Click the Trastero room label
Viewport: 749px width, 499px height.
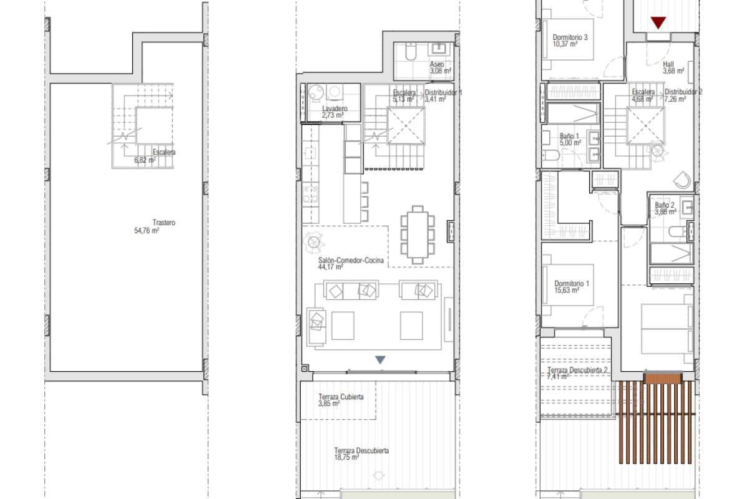tap(164, 223)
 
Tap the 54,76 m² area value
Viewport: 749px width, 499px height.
tap(147, 230)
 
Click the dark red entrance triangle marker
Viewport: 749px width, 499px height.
tap(657, 23)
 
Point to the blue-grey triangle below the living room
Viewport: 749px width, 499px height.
tap(380, 360)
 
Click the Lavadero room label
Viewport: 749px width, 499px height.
tap(335, 109)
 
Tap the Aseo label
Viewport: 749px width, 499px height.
tap(437, 64)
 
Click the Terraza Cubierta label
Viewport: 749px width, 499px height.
tap(341, 397)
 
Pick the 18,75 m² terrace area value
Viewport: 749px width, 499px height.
tap(346, 457)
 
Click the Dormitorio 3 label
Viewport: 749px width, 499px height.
tap(570, 37)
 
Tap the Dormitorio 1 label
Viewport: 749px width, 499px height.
tap(570, 283)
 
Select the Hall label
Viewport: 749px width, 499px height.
tap(668, 64)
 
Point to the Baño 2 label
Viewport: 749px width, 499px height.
tap(665, 205)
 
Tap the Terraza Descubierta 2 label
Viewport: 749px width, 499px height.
tap(577, 370)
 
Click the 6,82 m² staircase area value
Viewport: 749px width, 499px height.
tap(145, 160)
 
